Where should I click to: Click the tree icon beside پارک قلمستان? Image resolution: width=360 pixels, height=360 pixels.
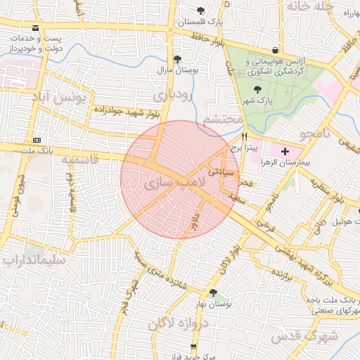[202, 11]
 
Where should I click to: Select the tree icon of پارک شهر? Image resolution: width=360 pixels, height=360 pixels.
[258, 90]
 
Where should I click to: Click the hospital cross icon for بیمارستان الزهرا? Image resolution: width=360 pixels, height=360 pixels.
[285, 151]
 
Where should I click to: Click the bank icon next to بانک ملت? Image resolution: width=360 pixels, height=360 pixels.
[37, 140]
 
